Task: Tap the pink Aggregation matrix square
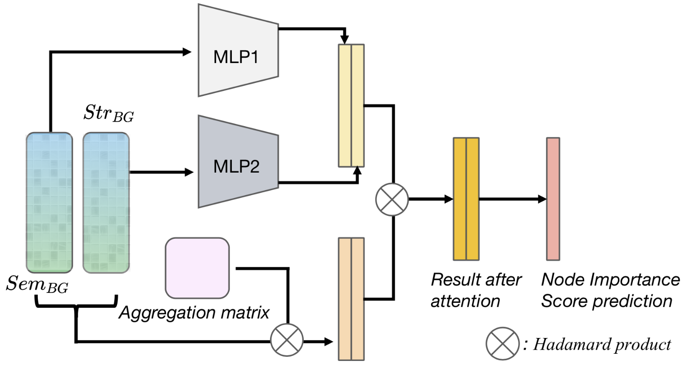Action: point(197,268)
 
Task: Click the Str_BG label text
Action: point(108,114)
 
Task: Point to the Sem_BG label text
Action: point(37,285)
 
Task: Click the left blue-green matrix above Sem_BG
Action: point(49,203)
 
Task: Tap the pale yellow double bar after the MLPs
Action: point(351,105)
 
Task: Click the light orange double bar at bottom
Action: point(351,299)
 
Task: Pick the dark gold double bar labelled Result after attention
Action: point(466,199)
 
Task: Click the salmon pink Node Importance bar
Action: point(553,199)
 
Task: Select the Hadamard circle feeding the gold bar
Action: point(392,199)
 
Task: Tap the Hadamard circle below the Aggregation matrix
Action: point(287,340)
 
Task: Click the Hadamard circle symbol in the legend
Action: point(502,344)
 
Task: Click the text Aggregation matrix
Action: point(194,312)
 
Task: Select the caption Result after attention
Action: point(476,290)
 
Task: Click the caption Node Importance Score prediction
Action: point(610,290)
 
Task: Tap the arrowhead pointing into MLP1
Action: point(188,52)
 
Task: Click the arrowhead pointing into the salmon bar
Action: point(542,199)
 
